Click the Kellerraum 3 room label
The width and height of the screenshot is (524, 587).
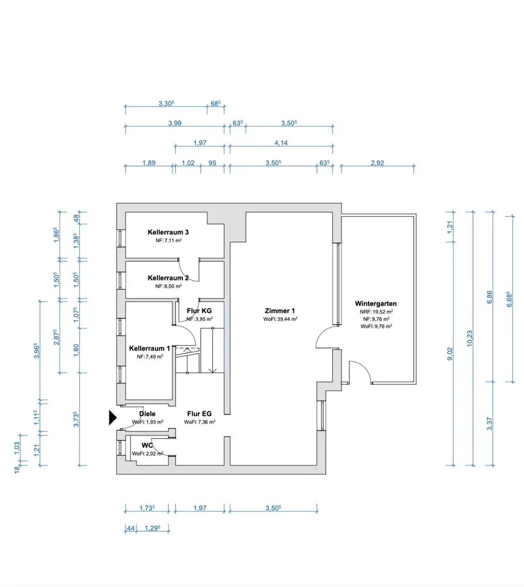tap(168, 232)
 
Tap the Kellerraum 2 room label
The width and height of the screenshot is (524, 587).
tap(168, 278)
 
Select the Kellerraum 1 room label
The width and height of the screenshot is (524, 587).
tap(149, 348)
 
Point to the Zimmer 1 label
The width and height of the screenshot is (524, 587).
tap(280, 311)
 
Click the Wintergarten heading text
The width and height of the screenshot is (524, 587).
tap(376, 303)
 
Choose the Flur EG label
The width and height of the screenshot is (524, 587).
tap(200, 414)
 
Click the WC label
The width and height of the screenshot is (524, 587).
tap(147, 446)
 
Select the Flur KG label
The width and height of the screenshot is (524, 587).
tap(198, 311)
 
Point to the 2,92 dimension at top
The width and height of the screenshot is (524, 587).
tap(377, 164)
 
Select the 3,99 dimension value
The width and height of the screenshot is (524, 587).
tap(174, 124)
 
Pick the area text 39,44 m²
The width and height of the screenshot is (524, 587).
tap(280, 319)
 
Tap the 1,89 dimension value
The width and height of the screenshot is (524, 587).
tap(149, 164)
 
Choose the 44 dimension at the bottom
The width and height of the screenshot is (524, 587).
tap(131, 528)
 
